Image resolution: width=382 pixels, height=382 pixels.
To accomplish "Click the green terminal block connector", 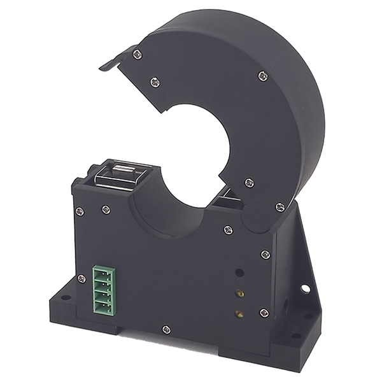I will pos(104,290).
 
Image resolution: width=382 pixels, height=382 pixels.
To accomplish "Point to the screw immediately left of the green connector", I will pos(81,278).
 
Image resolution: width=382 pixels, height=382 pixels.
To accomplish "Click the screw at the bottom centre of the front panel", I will pos(166,329).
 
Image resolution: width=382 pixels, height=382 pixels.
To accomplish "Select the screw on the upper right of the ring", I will pos(262,76).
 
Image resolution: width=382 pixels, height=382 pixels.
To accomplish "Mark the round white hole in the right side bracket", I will pos(306,288).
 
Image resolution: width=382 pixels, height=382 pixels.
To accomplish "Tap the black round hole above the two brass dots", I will pos(239,272).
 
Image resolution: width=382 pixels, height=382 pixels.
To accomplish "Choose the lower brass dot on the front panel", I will pos(239,313).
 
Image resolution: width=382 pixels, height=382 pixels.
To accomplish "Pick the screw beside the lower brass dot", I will pos(264,312).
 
